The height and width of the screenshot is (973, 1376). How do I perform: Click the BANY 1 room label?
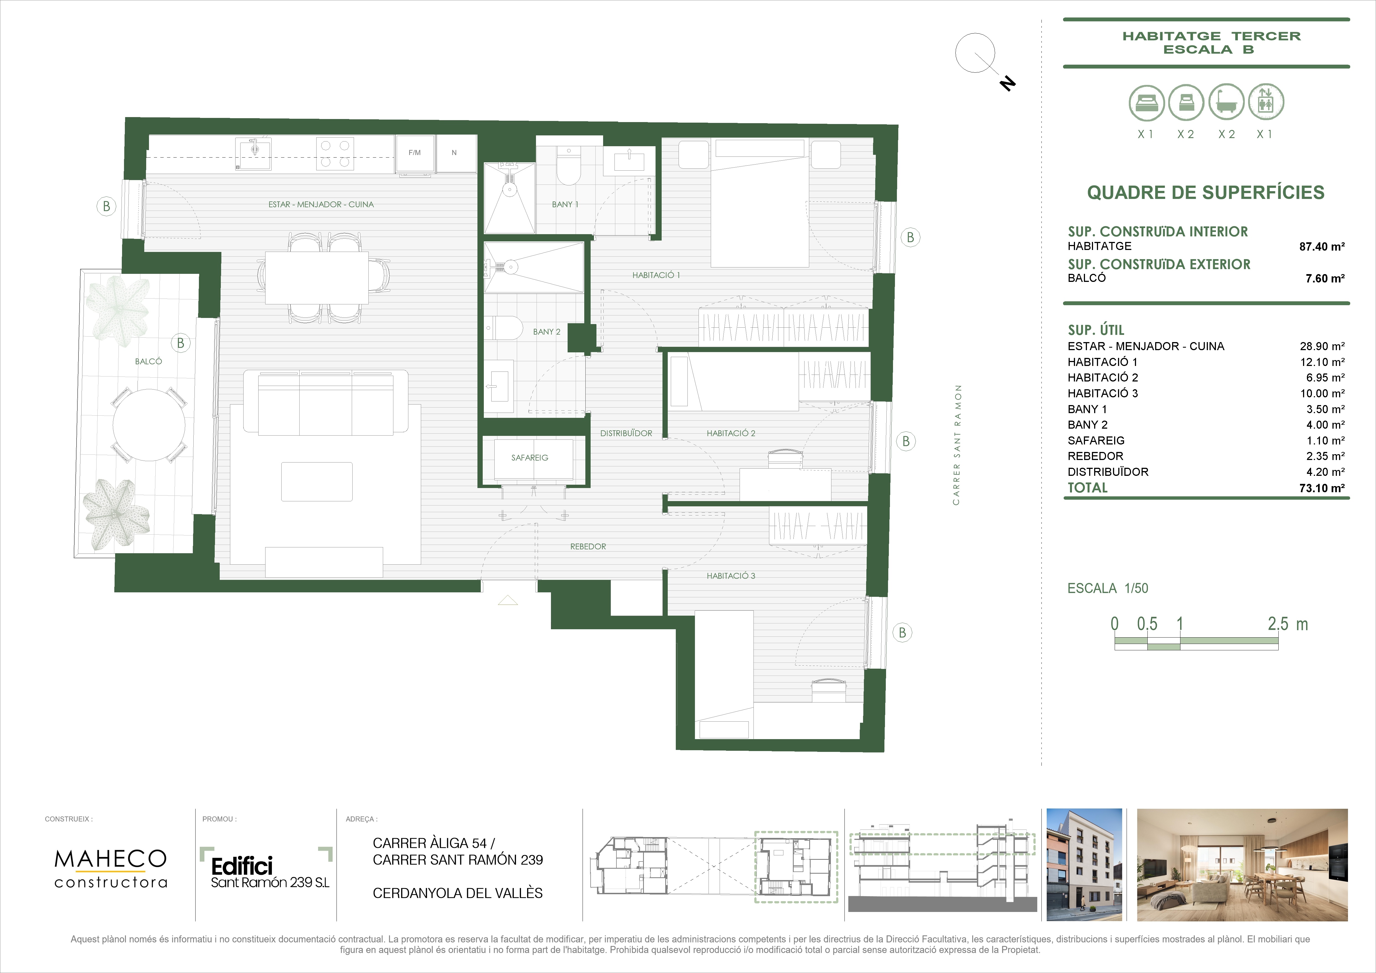[565, 204]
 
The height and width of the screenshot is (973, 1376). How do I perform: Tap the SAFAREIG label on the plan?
[530, 458]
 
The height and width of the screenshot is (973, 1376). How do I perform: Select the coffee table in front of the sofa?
[317, 481]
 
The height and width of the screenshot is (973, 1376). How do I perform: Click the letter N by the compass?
[1008, 83]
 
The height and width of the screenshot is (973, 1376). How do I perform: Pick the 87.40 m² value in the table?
[1321, 246]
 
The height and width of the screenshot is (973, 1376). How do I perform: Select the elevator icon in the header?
[1266, 102]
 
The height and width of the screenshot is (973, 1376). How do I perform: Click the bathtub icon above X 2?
[1226, 102]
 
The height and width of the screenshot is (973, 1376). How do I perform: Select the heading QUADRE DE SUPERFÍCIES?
[1206, 193]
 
